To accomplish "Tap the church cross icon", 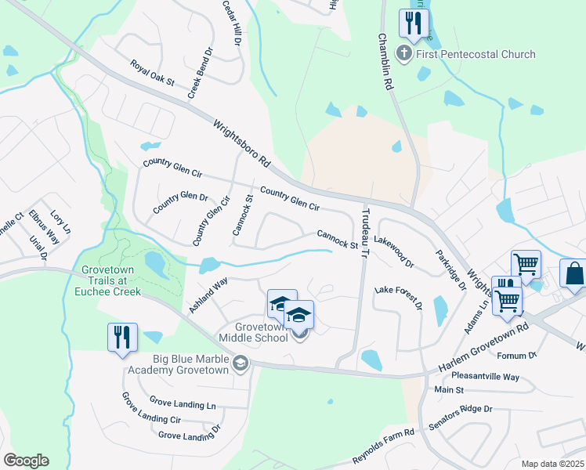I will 404,54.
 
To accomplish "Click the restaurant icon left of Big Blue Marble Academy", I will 122,337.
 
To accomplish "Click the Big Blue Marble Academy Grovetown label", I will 192,364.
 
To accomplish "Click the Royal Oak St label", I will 152,73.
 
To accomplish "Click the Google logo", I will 26,461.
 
